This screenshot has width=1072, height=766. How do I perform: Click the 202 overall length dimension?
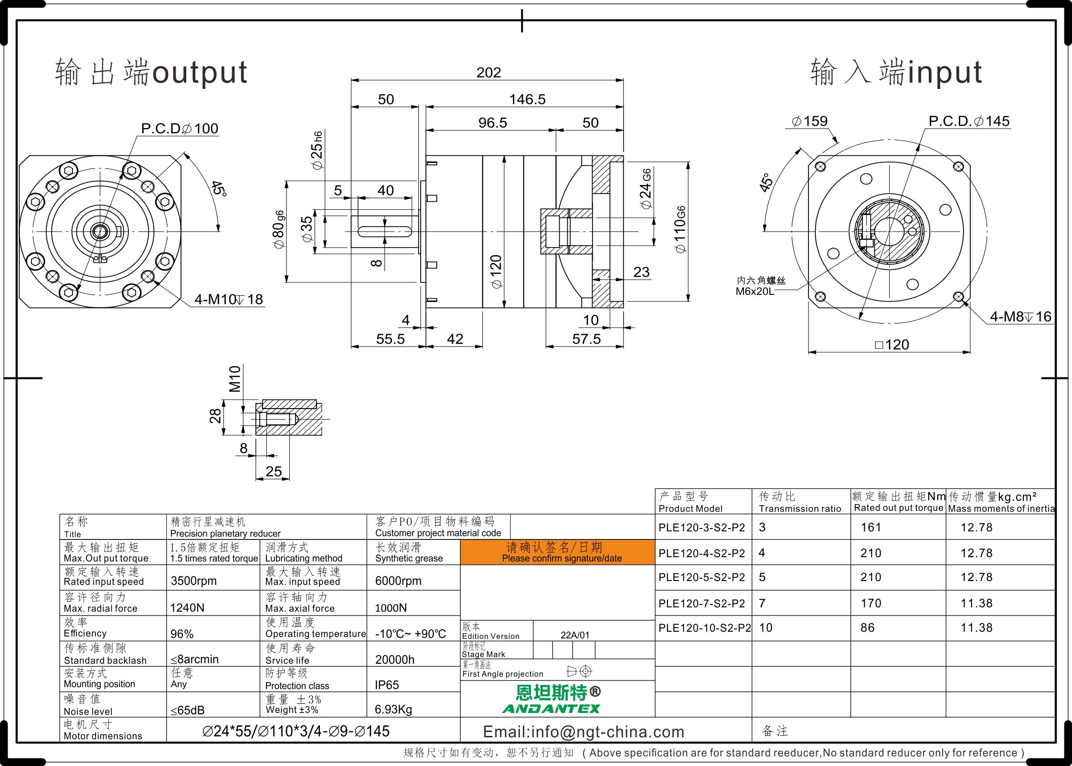[x=488, y=73]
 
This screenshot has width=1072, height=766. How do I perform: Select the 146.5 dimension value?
[x=527, y=99]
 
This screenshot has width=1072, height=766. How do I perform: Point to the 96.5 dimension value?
[x=493, y=123]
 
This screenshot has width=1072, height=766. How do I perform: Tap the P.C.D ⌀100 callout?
[x=180, y=129]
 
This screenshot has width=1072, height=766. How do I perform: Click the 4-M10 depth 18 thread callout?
[x=229, y=300]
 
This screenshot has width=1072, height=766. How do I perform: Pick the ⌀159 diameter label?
[x=809, y=121]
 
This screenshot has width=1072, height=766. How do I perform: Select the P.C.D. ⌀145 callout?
[x=969, y=121]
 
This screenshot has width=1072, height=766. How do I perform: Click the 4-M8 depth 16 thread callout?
[x=1020, y=317]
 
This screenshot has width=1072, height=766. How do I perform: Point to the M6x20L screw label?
[x=754, y=291]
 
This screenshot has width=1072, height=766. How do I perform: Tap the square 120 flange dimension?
[x=892, y=345]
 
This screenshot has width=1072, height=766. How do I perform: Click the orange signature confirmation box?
[x=557, y=552]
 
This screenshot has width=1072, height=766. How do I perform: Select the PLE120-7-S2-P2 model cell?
[x=701, y=604]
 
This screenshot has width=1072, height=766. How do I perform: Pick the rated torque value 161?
[x=871, y=528]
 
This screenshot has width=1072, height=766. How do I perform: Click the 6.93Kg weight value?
[x=393, y=710]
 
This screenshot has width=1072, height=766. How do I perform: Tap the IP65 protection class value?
[x=387, y=685]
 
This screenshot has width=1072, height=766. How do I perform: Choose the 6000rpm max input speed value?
[x=398, y=581]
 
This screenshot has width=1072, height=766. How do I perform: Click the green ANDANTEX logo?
[x=552, y=709]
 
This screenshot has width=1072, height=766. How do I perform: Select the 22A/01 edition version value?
[x=575, y=635]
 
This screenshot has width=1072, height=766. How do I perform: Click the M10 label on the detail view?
[x=235, y=378]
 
